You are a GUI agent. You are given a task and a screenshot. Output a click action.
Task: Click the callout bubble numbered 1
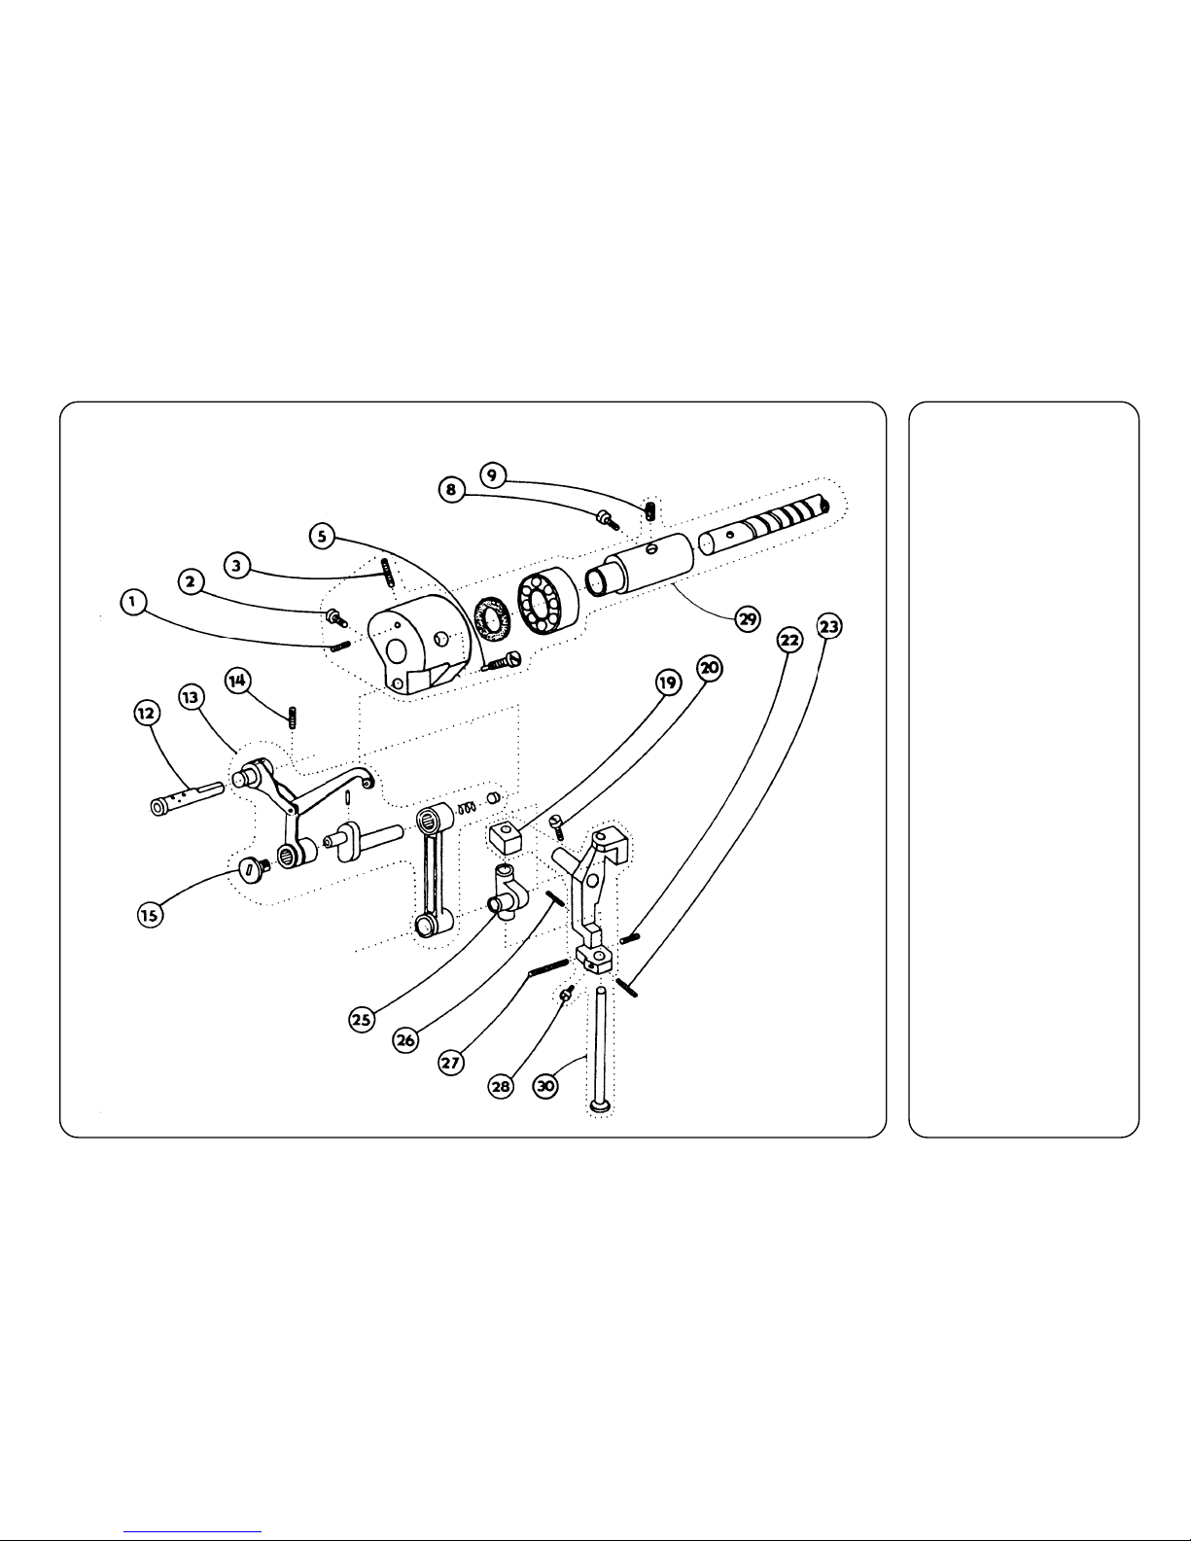coord(132,602)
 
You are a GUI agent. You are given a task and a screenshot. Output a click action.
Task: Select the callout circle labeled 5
coord(322,536)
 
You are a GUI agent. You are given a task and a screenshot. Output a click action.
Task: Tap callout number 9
coord(493,474)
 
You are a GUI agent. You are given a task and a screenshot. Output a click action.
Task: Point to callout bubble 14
coord(237,681)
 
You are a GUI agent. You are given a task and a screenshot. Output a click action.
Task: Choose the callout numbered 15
coord(150,915)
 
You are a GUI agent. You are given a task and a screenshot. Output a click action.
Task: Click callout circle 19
coord(668,683)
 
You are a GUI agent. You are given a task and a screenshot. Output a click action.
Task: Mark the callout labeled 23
coord(828,626)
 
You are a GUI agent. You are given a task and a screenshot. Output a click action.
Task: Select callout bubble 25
coord(362,1020)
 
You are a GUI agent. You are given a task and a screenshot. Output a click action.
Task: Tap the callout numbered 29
coord(748,619)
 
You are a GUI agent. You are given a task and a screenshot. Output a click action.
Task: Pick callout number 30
coord(545,1086)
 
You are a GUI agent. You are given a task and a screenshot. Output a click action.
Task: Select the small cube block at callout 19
coord(506,836)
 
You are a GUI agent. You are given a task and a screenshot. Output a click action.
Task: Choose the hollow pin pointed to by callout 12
coord(187,798)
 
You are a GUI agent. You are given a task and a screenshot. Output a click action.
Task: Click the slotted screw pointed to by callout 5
coord(504,661)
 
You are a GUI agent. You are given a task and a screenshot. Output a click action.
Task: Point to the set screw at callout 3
coord(386,573)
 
